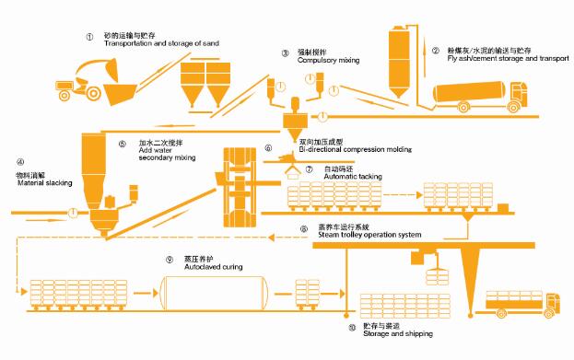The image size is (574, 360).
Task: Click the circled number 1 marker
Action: pyautogui.click(x=89, y=37)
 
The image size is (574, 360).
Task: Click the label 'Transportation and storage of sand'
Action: pyautogui.click(x=162, y=44)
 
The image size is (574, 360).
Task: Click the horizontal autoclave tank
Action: pyautogui.click(x=222, y=290)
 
